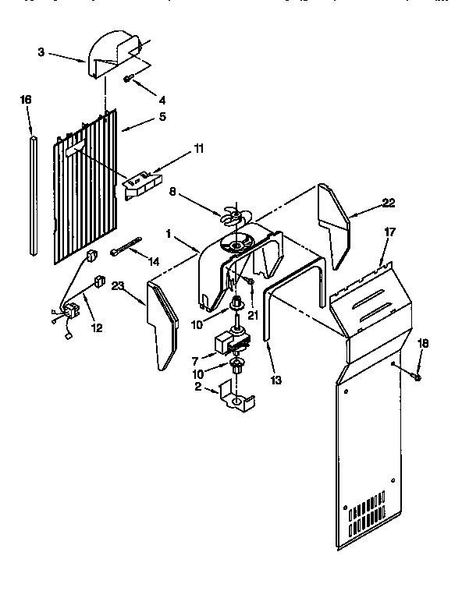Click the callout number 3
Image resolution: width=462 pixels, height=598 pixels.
[x=41, y=52]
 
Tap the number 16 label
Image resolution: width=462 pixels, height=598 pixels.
[x=26, y=100]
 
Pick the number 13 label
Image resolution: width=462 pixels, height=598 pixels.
[x=275, y=380]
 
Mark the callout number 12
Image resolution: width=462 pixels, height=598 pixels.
[x=96, y=328]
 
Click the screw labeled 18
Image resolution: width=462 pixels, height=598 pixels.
[x=416, y=378]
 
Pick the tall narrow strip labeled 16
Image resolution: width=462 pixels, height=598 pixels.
[x=33, y=195]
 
